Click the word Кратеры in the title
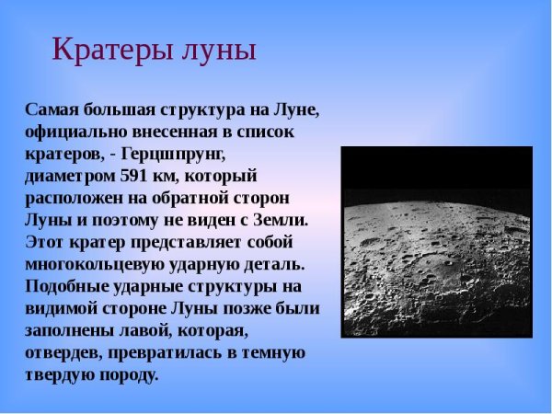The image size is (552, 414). (102, 49)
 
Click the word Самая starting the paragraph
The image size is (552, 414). (51, 109)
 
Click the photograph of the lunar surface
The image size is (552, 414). (436, 242)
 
